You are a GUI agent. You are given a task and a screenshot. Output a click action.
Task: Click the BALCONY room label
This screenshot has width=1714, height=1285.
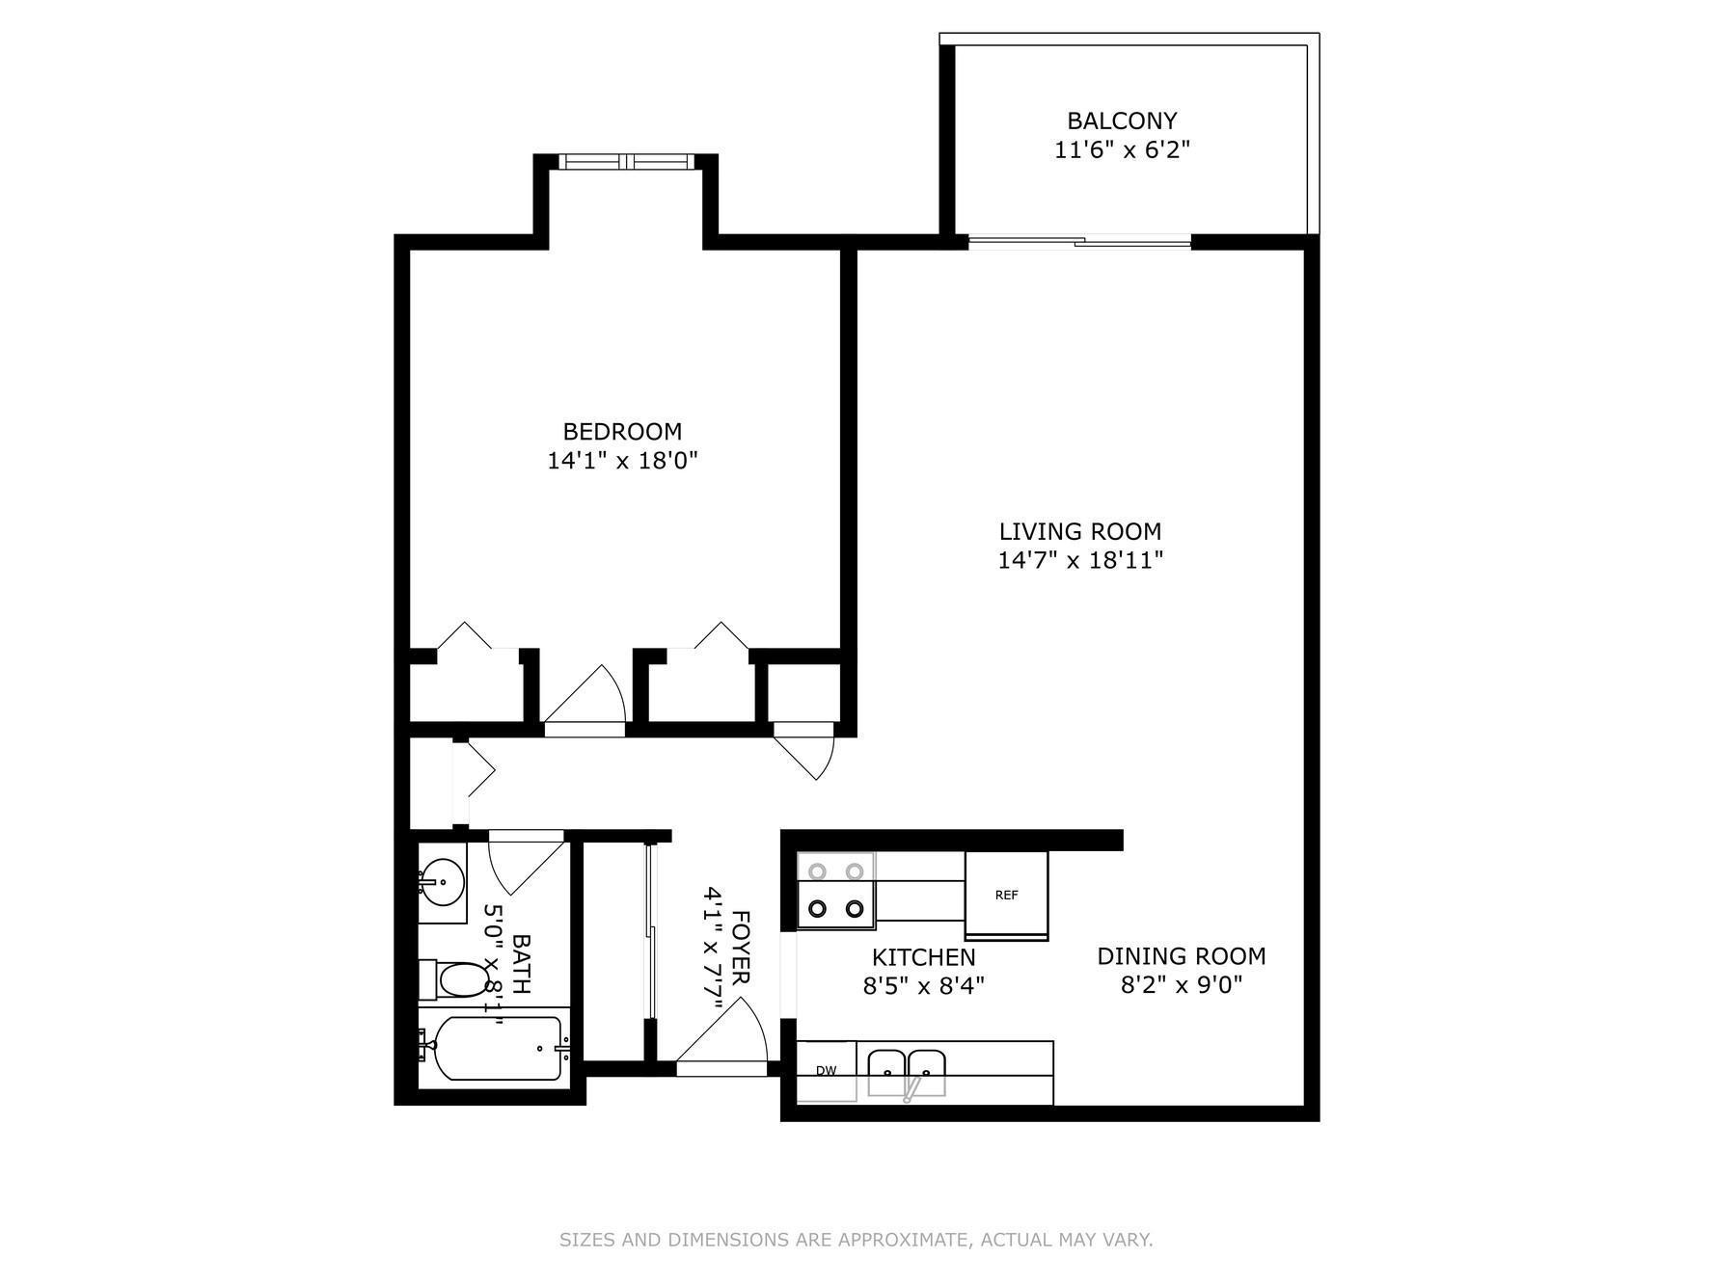click(x=1121, y=121)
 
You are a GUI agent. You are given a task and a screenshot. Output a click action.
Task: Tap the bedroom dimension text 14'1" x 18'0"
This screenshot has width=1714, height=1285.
click(x=622, y=461)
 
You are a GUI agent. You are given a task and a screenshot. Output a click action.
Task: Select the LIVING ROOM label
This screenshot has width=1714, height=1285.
click(x=1079, y=531)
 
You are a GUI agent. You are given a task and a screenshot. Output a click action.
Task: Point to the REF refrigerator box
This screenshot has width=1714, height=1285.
click(x=1006, y=896)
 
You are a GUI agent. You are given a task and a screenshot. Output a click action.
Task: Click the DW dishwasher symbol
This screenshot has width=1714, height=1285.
click(x=826, y=1071)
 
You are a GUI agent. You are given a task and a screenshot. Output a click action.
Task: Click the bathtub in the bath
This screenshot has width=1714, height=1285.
click(x=495, y=1049)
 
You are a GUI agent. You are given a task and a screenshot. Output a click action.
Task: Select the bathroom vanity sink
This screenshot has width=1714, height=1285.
click(x=443, y=881)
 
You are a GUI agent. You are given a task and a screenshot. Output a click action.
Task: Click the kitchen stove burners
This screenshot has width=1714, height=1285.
click(x=835, y=890)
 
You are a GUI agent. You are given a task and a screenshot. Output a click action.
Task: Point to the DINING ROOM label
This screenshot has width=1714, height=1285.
click(x=1182, y=956)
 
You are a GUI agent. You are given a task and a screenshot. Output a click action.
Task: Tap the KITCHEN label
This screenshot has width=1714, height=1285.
click(x=924, y=957)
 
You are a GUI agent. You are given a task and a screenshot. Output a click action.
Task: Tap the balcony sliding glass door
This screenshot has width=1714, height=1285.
click(x=1079, y=242)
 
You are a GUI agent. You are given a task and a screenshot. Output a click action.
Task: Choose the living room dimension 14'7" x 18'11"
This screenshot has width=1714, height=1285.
click(x=1080, y=560)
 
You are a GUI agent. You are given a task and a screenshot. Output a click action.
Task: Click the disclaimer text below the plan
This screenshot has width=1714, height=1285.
click(x=857, y=1240)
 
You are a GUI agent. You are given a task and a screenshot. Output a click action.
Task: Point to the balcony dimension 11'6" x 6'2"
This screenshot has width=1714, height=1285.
click(x=1122, y=150)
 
